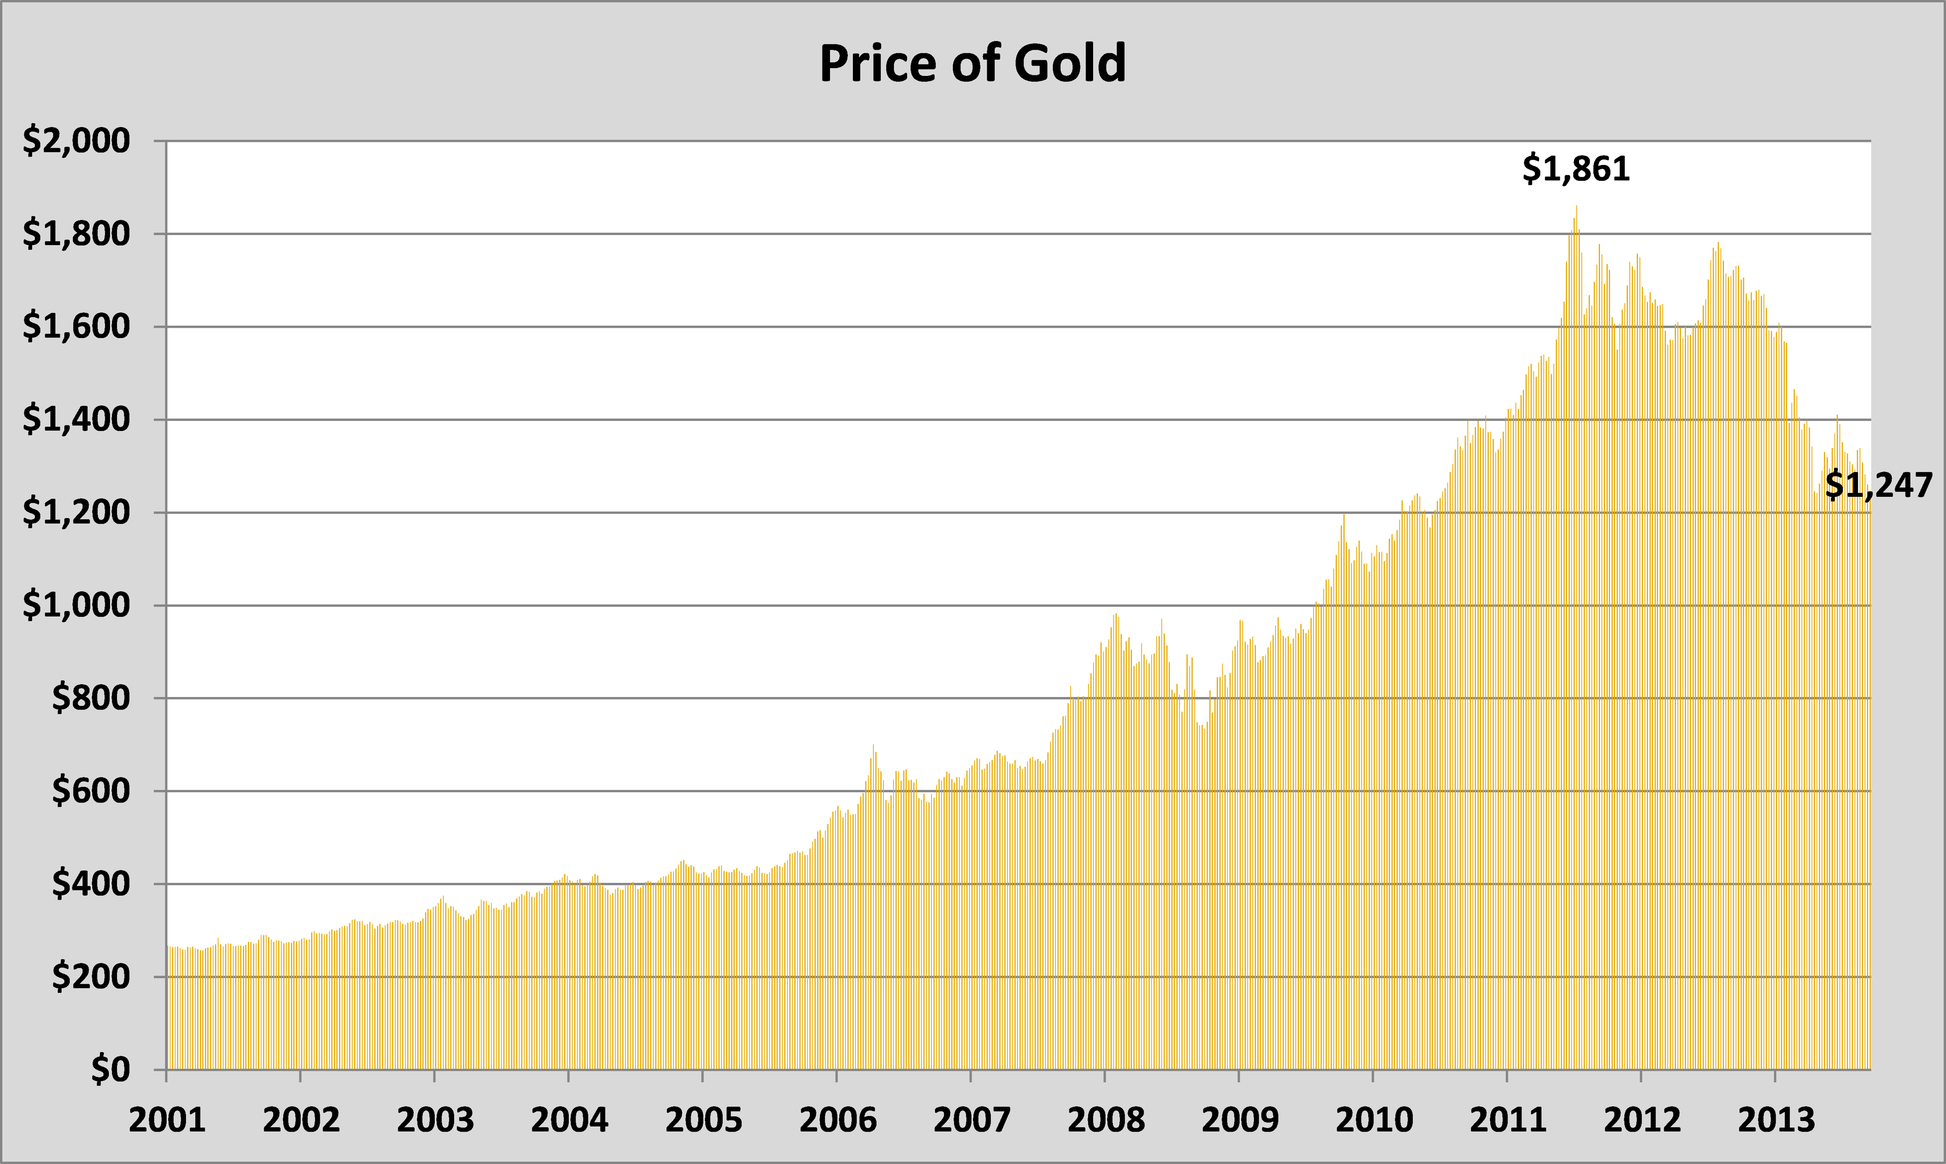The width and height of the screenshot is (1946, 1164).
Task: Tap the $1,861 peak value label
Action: click(x=1576, y=169)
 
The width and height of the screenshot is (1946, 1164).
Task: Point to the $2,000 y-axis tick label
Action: click(x=76, y=141)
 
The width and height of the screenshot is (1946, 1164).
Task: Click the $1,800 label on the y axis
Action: click(x=76, y=234)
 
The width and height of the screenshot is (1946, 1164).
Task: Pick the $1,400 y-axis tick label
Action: click(x=76, y=419)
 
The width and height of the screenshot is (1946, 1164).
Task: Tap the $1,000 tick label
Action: click(x=76, y=605)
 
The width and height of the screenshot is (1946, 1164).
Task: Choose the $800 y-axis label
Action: click(x=90, y=698)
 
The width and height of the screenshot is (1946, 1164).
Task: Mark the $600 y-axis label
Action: click(x=90, y=791)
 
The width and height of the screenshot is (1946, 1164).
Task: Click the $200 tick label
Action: click(x=90, y=977)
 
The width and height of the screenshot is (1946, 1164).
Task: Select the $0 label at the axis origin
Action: click(x=110, y=1069)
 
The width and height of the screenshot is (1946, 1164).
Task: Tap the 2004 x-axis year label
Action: click(x=569, y=1120)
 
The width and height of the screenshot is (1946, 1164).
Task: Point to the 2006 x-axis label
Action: click(x=837, y=1120)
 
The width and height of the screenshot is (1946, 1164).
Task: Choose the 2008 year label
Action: click(x=1106, y=1120)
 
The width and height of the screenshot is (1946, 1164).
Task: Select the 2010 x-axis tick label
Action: click(x=1374, y=1120)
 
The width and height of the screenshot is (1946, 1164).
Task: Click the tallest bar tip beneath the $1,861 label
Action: click(x=1577, y=208)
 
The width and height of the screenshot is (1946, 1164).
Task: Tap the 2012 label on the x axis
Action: click(x=1642, y=1120)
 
